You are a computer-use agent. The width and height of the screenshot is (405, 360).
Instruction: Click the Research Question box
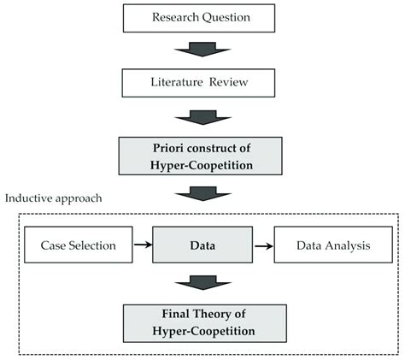201,18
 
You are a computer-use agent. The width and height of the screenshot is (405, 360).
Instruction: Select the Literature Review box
201,83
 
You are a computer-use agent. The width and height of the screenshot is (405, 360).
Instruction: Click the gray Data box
201,245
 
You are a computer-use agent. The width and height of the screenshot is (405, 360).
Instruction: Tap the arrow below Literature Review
201,116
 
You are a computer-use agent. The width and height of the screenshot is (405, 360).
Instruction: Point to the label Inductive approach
53,198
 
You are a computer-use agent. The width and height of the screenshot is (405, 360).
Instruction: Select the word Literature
174,83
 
